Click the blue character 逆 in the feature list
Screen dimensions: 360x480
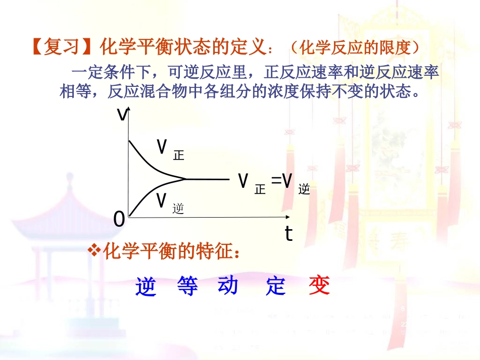tap(146, 286)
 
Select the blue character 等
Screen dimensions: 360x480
tap(188, 286)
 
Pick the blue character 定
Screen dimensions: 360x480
tap(276, 286)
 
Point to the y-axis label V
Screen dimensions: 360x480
tap(122, 115)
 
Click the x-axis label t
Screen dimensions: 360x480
tap(289, 234)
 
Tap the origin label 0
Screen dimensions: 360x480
tap(119, 219)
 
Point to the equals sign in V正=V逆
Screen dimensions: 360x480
tap(276, 180)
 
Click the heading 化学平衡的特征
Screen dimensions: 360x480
tap(172, 250)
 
